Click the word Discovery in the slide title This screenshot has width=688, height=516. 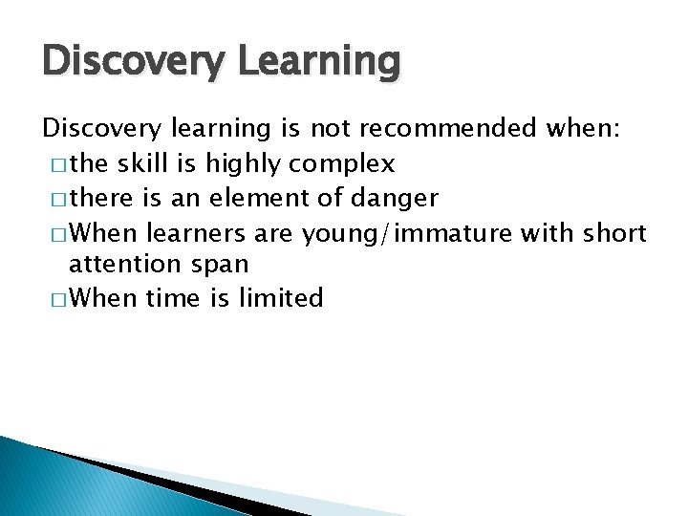pyautogui.click(x=120, y=62)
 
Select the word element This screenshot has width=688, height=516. pyautogui.click(x=253, y=198)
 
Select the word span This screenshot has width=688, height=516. pyautogui.click(x=217, y=264)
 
